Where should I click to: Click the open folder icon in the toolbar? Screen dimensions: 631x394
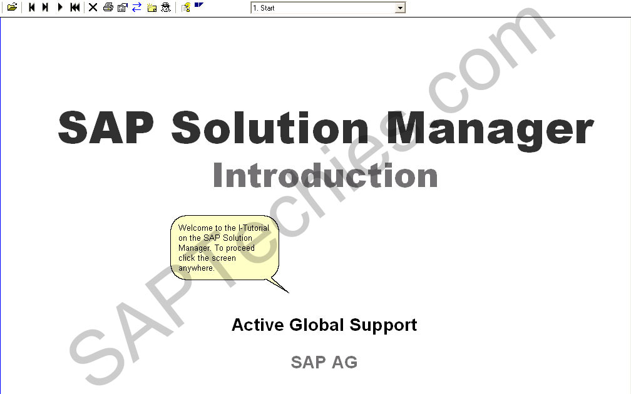click(x=12, y=8)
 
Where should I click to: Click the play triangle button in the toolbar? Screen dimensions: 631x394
click(x=60, y=8)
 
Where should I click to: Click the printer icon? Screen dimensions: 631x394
click(x=108, y=8)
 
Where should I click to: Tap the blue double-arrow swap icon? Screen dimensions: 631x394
click(x=137, y=8)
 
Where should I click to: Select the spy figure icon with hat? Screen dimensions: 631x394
click(x=166, y=8)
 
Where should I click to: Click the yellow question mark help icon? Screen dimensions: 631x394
click(x=186, y=8)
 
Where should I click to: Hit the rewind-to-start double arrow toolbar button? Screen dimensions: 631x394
click(x=75, y=8)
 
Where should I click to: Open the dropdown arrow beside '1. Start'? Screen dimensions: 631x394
click(x=400, y=8)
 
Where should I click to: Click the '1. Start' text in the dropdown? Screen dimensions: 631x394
click(x=264, y=8)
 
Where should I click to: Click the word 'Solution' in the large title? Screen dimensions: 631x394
click(x=270, y=128)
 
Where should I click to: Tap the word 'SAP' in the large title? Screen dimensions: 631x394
click(x=106, y=127)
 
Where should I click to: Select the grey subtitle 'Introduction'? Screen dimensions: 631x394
click(x=325, y=175)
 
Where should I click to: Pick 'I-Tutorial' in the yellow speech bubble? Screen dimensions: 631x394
click(x=254, y=228)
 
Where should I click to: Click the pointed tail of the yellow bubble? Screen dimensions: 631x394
click(x=289, y=292)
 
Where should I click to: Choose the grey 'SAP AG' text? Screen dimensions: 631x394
click(x=324, y=362)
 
